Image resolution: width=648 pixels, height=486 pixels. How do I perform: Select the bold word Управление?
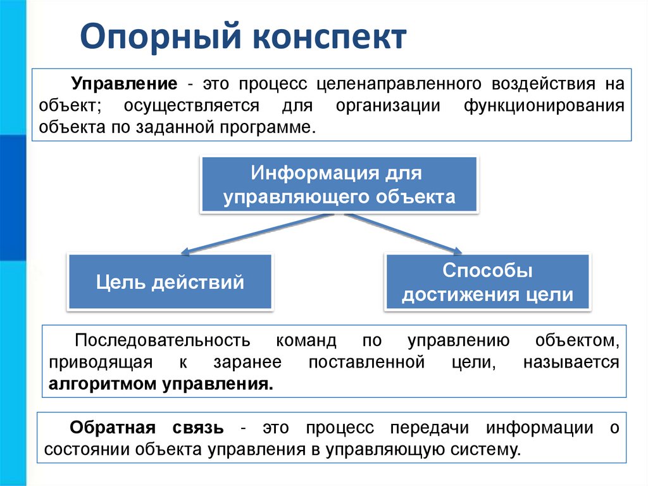pyautogui.click(x=123, y=84)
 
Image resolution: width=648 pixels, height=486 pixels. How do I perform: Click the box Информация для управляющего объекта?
pyautogui.click(x=339, y=184)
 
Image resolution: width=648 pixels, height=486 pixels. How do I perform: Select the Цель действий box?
pyautogui.click(x=170, y=281)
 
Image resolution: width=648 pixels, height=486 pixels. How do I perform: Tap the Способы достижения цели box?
pyautogui.click(x=487, y=283)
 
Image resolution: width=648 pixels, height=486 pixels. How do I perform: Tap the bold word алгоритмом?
pyautogui.click(x=104, y=383)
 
